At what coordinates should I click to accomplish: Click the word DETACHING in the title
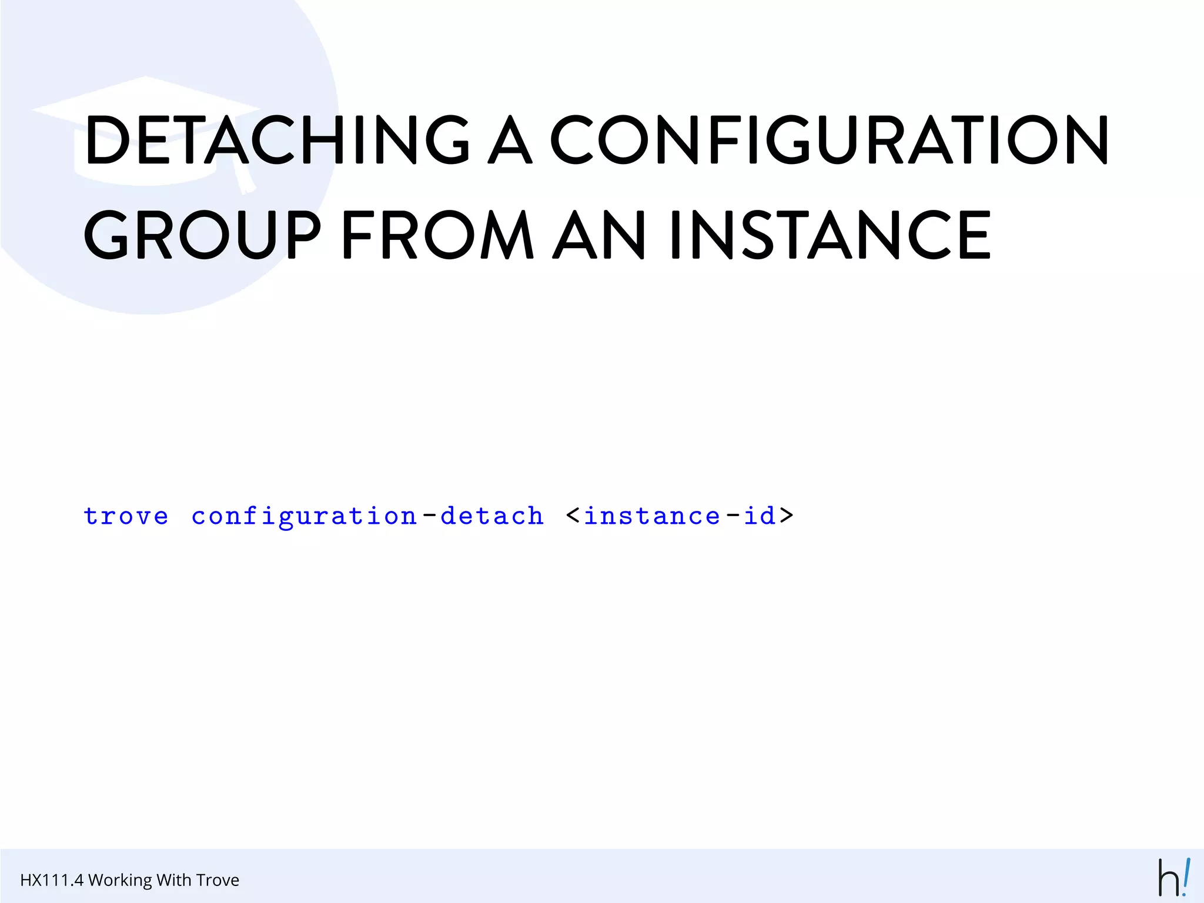pos(277,139)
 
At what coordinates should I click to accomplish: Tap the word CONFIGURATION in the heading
pos(829,139)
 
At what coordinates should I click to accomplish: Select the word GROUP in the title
pos(203,235)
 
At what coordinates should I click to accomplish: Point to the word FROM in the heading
pos(438,235)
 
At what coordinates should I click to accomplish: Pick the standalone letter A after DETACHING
pos(510,139)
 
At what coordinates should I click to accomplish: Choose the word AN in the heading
pos(600,235)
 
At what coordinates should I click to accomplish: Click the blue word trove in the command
pos(126,516)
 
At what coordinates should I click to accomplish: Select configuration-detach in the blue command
pos(367,516)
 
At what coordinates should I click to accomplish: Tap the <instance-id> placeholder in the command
pos(680,516)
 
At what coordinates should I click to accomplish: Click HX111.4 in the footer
pos(52,880)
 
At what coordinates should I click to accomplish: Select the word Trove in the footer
pos(218,880)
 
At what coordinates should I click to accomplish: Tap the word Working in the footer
pos(120,880)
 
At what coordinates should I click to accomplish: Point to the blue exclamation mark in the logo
pos(1186,877)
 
